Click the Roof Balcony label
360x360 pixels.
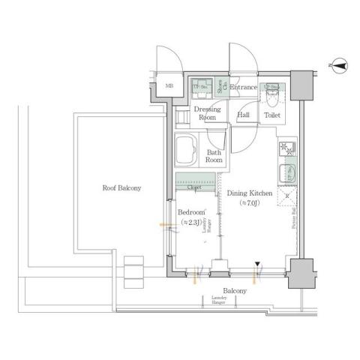click(x=122, y=188)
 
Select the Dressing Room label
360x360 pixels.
click(x=206, y=113)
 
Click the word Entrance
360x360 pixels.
click(x=244, y=88)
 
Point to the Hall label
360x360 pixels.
click(x=244, y=115)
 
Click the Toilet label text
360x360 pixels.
click(x=272, y=115)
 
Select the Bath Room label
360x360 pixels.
click(x=214, y=156)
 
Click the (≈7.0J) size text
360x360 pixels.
click(x=248, y=203)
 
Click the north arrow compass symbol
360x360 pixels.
click(x=338, y=67)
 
